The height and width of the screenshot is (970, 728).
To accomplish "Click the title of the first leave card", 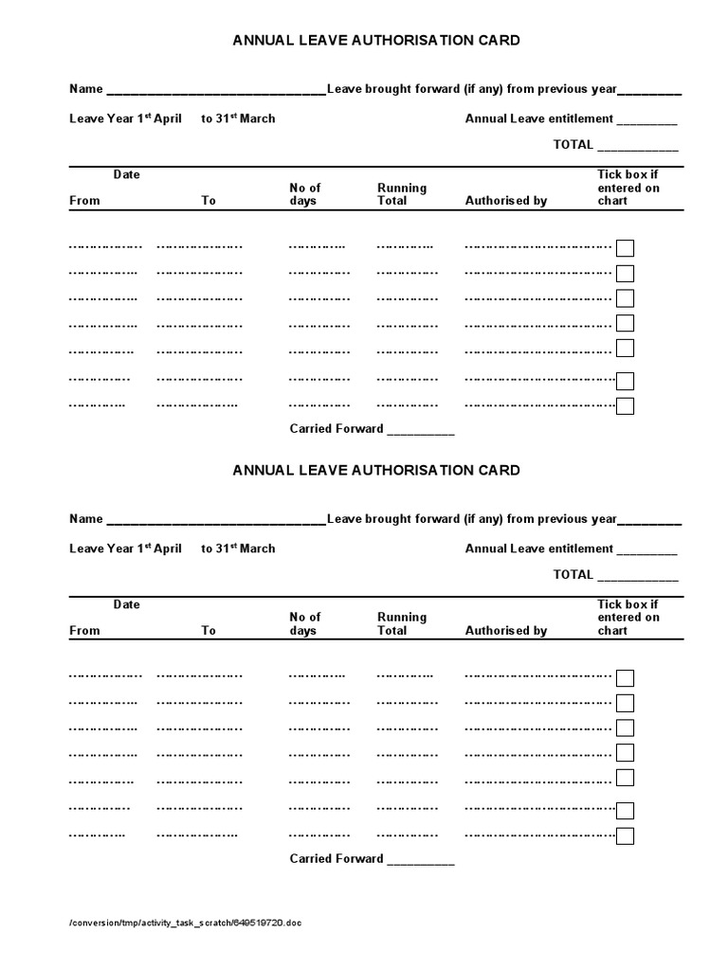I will [376, 41].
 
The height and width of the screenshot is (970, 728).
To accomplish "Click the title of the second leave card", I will [376, 470].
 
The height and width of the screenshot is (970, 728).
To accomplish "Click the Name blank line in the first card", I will [216, 92].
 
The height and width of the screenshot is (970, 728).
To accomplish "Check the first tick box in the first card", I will [625, 248].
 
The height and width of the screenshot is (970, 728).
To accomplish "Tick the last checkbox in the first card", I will [625, 406].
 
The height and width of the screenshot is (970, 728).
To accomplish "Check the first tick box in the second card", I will [625, 677].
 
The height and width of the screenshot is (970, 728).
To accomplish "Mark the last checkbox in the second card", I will [625, 835].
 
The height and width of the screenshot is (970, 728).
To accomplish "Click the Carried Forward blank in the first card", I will [421, 431].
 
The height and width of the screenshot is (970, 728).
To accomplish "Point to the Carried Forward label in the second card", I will [337, 858].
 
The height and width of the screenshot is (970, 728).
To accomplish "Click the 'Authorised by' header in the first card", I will [506, 201].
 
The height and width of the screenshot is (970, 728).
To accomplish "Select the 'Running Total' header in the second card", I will [402, 623].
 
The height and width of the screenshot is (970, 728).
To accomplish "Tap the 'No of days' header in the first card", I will [305, 194].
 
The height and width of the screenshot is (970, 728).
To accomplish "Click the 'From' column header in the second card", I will [84, 630].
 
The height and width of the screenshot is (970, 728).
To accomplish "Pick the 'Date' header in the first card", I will [126, 174].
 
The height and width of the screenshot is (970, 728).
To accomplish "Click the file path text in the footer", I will [186, 923].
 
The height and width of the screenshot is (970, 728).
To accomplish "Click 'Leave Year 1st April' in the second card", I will [125, 548].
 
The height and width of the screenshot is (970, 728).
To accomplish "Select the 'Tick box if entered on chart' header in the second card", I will [628, 617].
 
